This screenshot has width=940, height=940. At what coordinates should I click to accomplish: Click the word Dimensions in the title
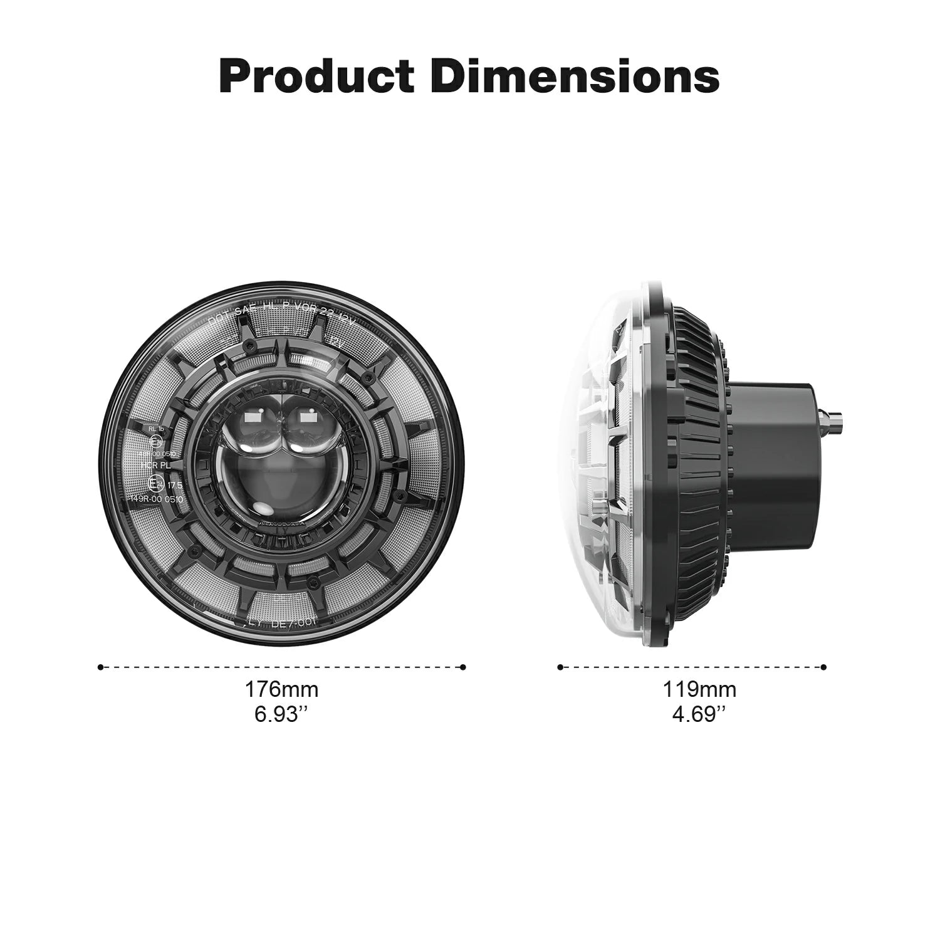coord(576,76)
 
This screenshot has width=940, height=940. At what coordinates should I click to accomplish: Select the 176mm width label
coord(281,689)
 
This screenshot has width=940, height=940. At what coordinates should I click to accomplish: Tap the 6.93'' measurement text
coord(281,714)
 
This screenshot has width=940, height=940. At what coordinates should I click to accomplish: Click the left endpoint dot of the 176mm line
coord(100,667)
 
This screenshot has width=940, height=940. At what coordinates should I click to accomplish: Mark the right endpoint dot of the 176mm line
coord(463,667)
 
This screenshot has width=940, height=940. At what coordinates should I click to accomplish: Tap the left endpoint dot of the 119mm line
coord(560,667)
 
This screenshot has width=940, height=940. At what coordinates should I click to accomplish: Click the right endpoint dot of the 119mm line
coord(823,667)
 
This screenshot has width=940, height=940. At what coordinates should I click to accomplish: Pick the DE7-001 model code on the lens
coord(295,622)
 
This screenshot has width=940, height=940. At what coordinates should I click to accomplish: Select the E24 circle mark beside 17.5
coord(155,483)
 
